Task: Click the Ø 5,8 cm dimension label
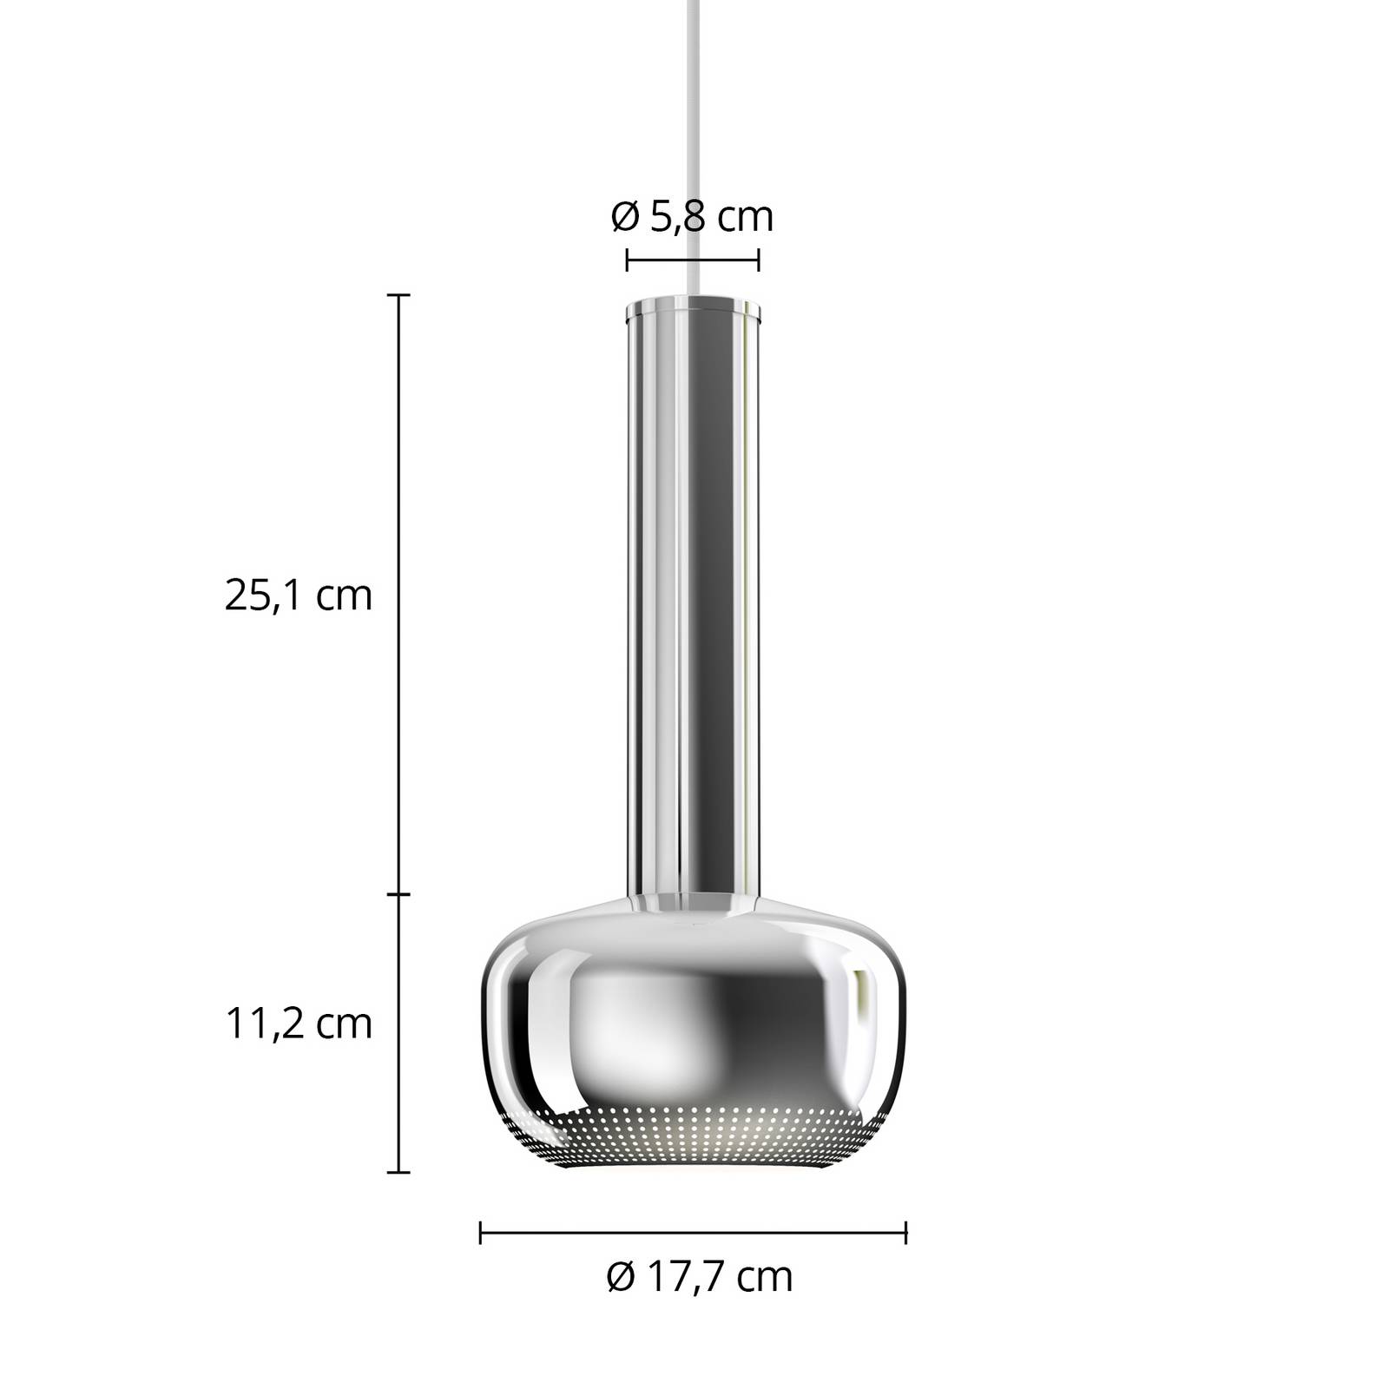pyautogui.click(x=692, y=217)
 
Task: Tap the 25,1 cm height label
pyautogui.click(x=299, y=596)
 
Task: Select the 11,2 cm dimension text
pyautogui.click(x=299, y=1024)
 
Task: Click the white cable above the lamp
pyautogui.click(x=693, y=148)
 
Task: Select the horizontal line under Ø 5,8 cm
pyautogui.click(x=693, y=259)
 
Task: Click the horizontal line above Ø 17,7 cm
pyautogui.click(x=693, y=1232)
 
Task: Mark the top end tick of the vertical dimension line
pyautogui.click(x=398, y=296)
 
